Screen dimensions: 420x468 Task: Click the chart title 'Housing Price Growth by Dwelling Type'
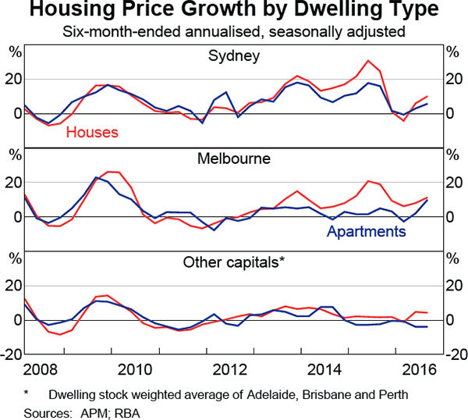pos(234,12)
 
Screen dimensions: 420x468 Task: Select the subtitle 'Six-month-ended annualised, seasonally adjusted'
pos(234,33)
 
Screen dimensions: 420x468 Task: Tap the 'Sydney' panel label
pos(234,55)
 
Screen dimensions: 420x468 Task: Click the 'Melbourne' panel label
pos(234,158)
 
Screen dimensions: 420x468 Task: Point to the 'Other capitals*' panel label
pos(234,262)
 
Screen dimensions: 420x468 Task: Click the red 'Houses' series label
pos(92,132)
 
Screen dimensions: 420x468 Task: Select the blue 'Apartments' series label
pos(367,232)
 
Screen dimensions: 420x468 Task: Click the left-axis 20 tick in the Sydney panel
pos(12,79)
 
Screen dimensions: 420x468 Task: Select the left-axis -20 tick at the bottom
pos(11,354)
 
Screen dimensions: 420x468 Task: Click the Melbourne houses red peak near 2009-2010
pos(112,171)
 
